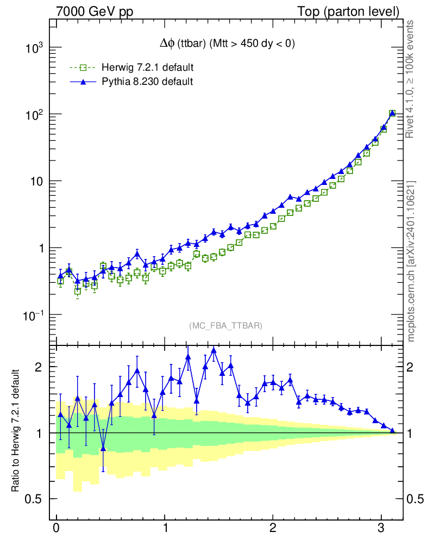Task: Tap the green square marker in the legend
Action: (x=83, y=68)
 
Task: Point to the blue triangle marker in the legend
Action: (x=83, y=82)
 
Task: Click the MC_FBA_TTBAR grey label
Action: (x=225, y=326)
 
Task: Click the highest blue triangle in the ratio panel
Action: (x=213, y=350)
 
